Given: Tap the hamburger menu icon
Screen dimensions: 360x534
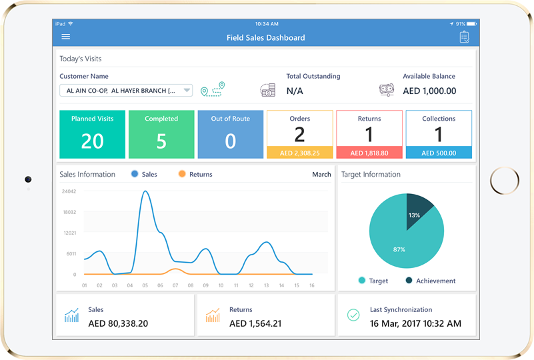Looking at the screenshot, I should point(65,37).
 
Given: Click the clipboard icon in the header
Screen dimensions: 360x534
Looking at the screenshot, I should point(464,37).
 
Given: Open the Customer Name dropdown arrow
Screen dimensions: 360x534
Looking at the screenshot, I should point(187,91).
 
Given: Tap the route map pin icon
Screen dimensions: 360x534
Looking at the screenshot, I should point(213,89).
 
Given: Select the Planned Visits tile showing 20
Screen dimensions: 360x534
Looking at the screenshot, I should point(92,134).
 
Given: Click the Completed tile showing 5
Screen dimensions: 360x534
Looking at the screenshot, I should point(161,134).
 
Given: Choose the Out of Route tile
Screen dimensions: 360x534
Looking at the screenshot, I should point(231,134).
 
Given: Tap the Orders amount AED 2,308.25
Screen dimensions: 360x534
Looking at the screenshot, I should point(299,153).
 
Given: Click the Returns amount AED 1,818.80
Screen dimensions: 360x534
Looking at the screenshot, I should point(369,153).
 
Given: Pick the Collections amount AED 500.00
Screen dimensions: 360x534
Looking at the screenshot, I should point(438,153).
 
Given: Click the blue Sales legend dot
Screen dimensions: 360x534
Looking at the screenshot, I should point(135,174).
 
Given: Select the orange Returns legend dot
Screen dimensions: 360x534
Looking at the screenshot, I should point(182,174).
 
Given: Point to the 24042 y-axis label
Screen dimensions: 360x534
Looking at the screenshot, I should point(69,191).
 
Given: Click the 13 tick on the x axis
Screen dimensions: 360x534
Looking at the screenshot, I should point(267,285).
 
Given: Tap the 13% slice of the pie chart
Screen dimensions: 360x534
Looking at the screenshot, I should point(418,208).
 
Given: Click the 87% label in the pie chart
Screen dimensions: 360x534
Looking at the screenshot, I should point(399,249).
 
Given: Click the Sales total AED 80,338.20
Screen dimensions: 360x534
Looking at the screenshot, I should point(118,323).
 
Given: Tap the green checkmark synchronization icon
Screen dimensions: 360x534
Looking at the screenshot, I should point(353,315).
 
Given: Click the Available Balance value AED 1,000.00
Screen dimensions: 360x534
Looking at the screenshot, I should point(429,91).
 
